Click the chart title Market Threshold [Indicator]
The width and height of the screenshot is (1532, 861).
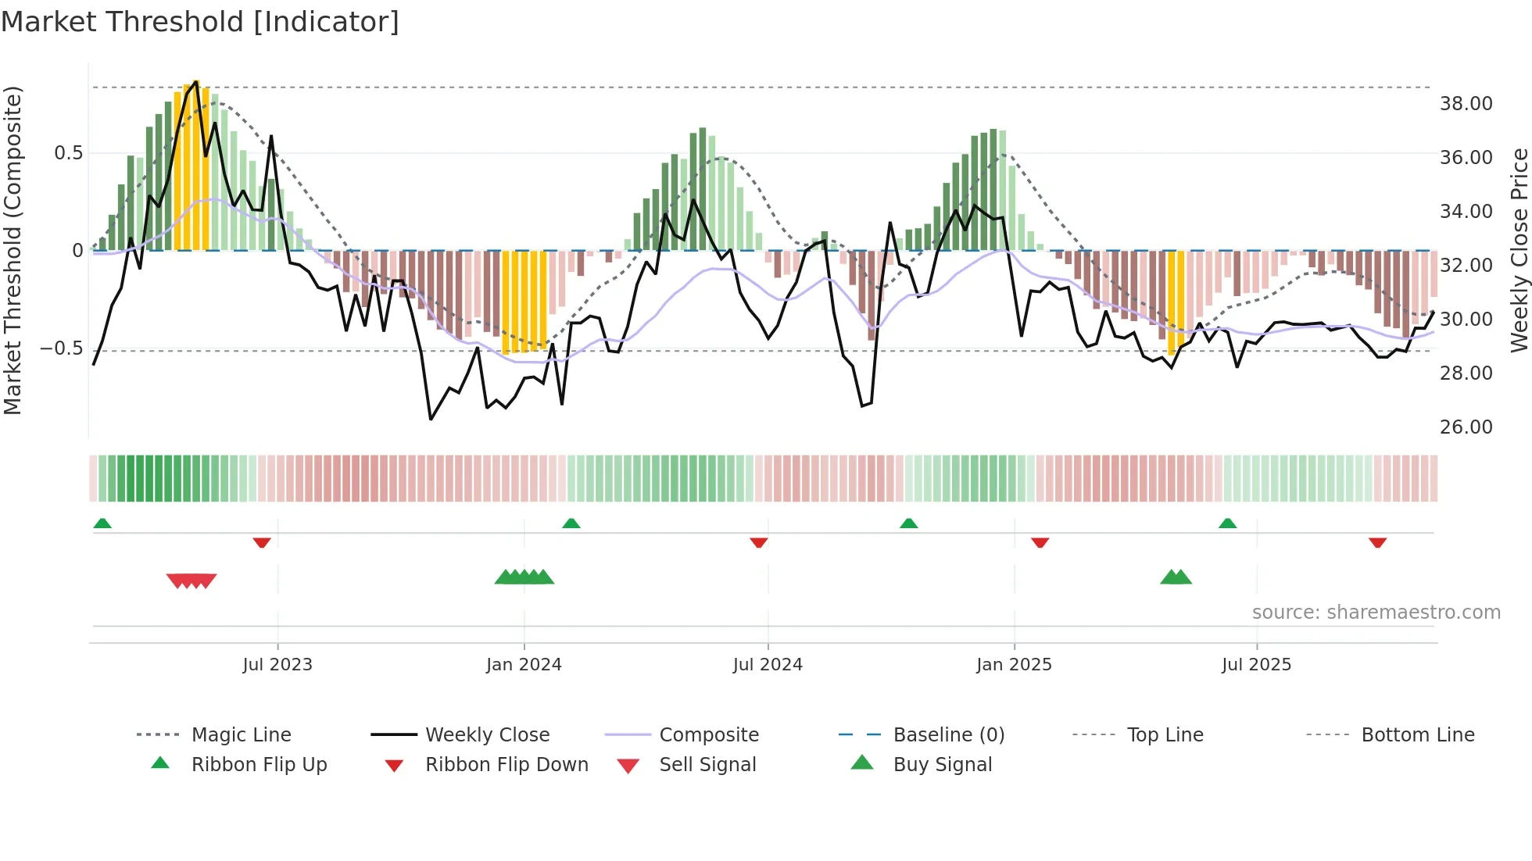(200, 22)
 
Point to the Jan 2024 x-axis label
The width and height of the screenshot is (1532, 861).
(524, 665)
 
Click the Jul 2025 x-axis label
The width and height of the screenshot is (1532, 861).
(1256, 665)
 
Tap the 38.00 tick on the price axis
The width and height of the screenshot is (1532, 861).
(1466, 104)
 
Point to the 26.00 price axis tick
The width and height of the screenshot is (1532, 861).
(1466, 427)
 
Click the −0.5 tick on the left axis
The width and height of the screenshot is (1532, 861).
(61, 348)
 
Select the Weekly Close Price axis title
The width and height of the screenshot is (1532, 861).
(1519, 250)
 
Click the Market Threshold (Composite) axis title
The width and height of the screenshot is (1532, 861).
(13, 250)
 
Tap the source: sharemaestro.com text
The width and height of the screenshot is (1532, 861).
(1376, 613)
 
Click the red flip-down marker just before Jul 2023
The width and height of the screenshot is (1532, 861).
(262, 542)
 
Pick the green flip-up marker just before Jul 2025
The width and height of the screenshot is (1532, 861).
(1227, 523)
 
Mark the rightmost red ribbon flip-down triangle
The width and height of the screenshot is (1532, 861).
(1377, 542)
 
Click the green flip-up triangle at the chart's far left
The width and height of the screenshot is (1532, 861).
(102, 523)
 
